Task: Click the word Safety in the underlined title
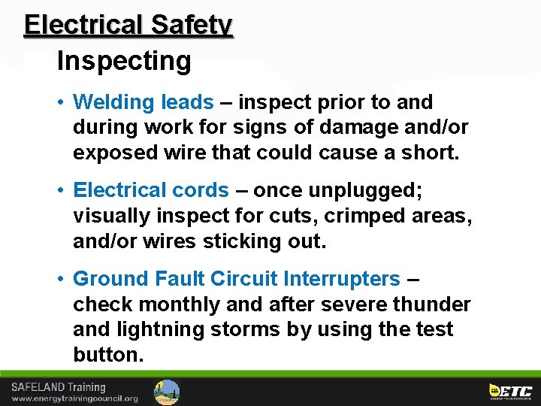point(192,25)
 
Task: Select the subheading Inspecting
point(124,61)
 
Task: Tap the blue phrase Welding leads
point(144,102)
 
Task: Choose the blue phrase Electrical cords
point(151,191)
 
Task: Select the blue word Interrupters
point(342,279)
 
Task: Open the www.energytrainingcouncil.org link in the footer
point(74,398)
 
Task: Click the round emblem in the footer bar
point(167,392)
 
